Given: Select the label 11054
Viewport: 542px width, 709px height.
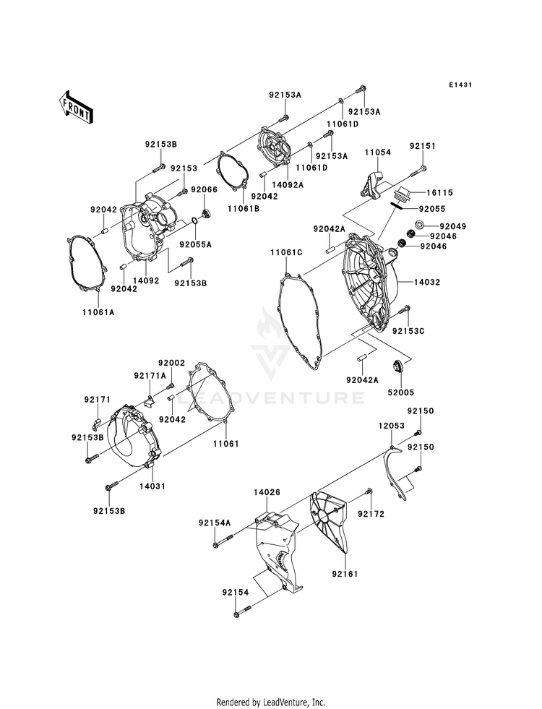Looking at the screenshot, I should click(377, 153).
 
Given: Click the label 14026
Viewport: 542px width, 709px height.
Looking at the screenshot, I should click(267, 492).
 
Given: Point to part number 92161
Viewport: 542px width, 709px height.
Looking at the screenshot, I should click(345, 575).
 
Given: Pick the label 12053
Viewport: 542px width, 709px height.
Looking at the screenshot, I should click(391, 427).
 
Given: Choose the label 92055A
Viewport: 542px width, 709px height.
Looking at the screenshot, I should click(196, 244).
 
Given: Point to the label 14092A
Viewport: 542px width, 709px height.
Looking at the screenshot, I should click(288, 184).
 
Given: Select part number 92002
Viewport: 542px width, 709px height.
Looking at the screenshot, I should click(172, 363).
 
